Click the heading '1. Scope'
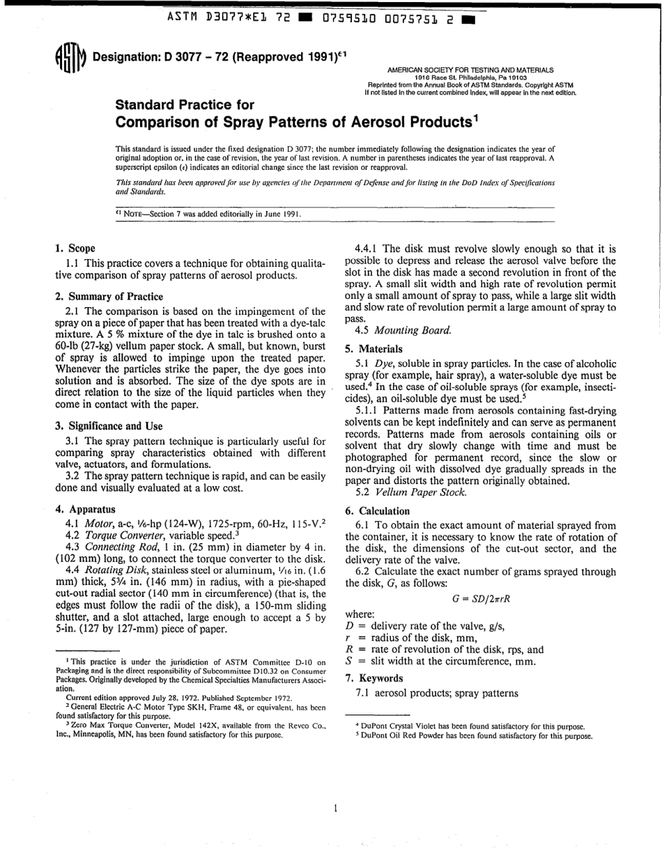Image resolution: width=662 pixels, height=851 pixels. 75,248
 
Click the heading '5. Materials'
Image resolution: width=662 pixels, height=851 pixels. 374,348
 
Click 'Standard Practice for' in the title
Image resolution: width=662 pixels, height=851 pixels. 184,105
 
